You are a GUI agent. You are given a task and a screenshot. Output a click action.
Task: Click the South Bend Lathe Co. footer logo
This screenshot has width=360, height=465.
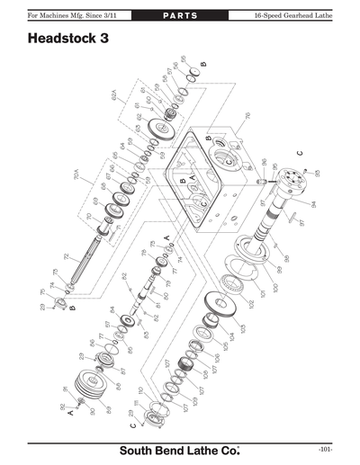point(179,449)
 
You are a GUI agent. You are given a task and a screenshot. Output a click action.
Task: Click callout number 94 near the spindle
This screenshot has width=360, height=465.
point(312,204)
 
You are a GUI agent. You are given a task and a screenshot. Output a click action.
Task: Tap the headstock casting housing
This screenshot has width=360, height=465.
point(206,180)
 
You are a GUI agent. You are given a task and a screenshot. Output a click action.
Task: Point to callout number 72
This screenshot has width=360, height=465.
point(66,257)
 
